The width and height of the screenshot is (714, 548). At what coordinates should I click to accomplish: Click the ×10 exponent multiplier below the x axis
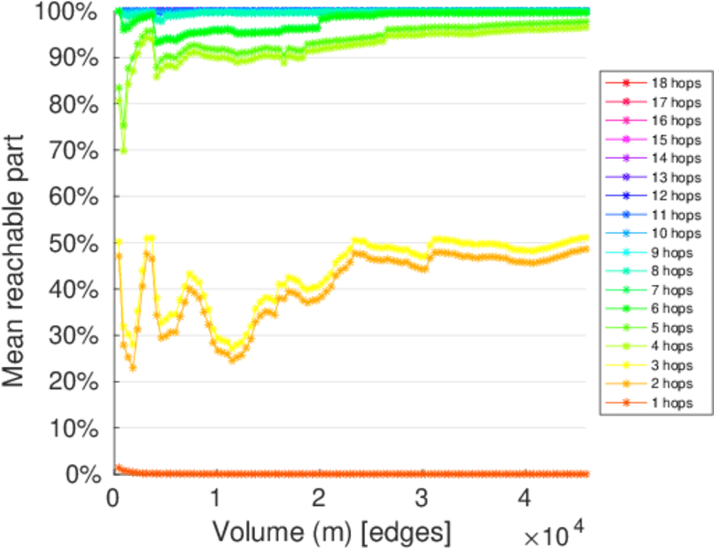pos(554,531)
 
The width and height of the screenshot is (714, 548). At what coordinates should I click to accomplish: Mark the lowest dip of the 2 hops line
pos(133,368)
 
